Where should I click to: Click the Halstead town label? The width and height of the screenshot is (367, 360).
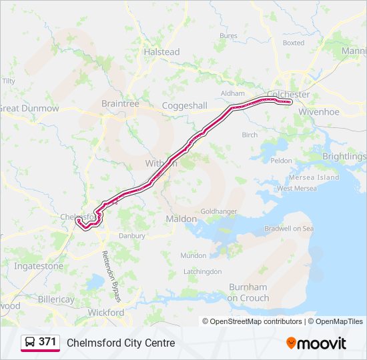click(162, 52)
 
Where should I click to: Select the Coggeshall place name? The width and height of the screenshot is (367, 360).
click(186, 106)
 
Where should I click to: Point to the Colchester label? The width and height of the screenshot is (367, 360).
click(288, 95)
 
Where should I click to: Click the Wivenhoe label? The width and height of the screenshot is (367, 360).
click(320, 112)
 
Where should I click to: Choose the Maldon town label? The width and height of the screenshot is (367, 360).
click(181, 219)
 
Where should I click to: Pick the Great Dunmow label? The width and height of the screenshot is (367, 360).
click(29, 108)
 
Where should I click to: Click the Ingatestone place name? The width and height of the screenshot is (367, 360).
click(39, 266)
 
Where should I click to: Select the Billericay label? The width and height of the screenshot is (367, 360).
click(56, 299)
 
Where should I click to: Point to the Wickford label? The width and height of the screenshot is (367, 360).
click(106, 312)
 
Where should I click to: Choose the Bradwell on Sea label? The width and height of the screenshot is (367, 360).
click(289, 228)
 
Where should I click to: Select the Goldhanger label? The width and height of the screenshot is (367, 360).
click(219, 211)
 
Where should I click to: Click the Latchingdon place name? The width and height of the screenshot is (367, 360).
click(203, 271)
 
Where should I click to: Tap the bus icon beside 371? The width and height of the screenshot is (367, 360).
click(30, 342)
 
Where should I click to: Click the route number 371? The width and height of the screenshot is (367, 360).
click(47, 342)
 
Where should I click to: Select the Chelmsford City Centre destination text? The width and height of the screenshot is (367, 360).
click(121, 343)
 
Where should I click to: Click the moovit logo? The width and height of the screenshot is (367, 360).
click(316, 343)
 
